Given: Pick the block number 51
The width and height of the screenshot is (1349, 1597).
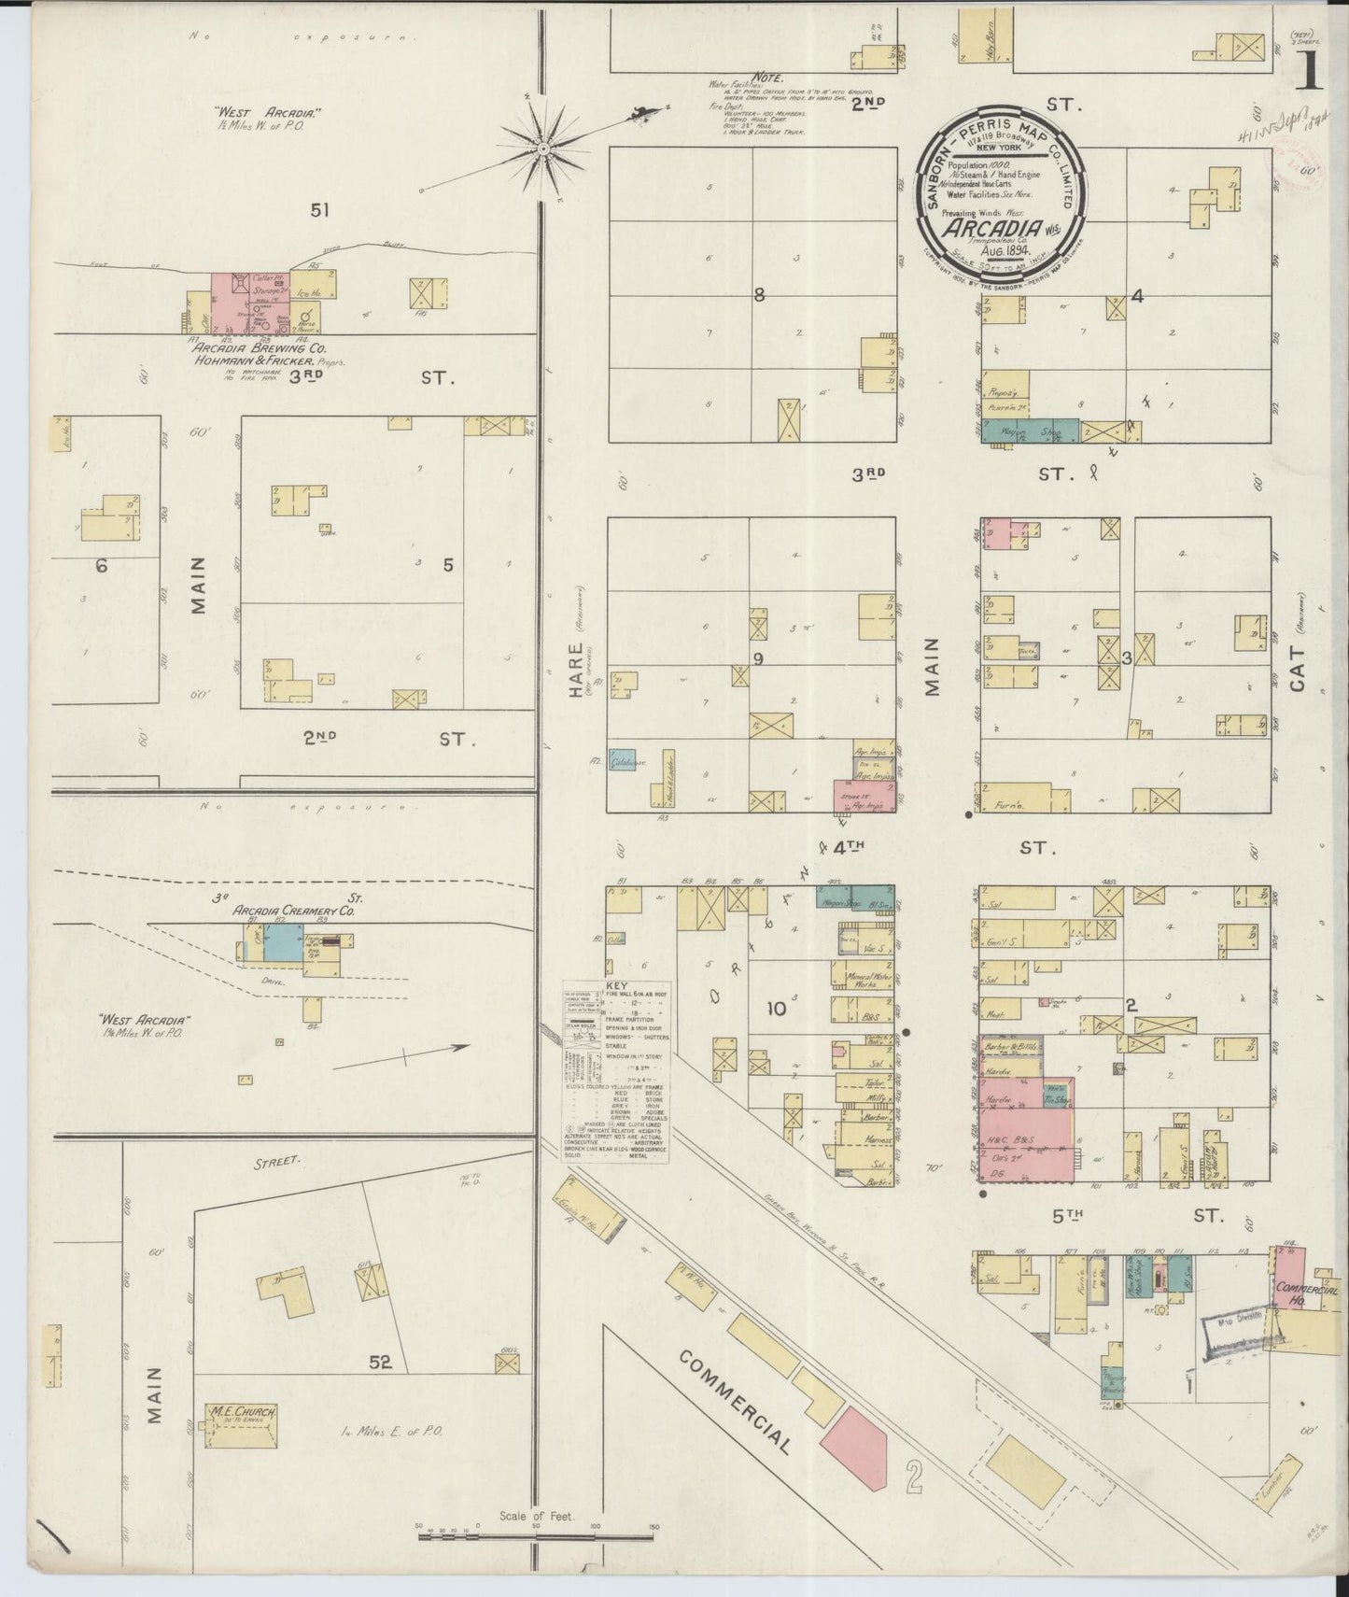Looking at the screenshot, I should tap(320, 211).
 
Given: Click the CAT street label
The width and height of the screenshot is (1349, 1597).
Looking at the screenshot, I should tap(1297, 669).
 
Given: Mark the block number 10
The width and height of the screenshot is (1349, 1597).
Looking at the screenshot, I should tap(776, 1009).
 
